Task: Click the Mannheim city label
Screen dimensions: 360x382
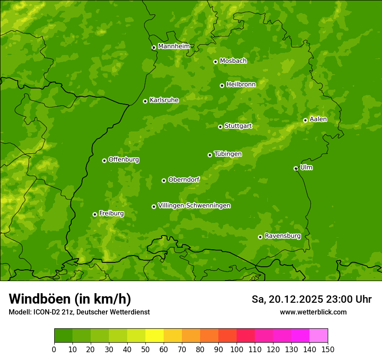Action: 174,46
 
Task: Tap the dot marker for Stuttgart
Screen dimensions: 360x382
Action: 220,127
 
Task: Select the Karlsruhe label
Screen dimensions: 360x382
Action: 164,100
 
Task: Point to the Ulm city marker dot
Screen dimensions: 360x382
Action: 296,168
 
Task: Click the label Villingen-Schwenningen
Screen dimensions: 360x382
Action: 194,206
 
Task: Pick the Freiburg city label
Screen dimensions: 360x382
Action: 111,213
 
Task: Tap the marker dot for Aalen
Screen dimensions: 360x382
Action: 305,120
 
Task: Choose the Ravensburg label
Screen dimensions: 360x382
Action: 283,236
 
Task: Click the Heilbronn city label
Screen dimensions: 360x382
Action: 241,84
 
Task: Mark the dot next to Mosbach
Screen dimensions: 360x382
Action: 215,62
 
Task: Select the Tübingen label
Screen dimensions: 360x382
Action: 228,154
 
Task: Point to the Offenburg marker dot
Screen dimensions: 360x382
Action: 104,160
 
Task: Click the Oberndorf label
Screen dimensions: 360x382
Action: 184,179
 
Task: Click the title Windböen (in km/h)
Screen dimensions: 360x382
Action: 69,299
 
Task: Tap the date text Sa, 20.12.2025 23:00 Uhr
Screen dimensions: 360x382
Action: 311,299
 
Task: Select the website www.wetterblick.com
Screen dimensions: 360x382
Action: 313,312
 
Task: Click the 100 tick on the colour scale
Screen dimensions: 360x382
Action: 237,349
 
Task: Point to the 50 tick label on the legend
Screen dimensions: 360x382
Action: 145,349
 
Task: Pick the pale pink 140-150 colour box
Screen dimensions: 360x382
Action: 319,335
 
